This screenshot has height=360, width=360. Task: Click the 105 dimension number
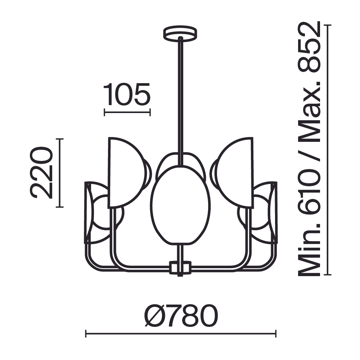127,95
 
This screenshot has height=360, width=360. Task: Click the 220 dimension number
41,173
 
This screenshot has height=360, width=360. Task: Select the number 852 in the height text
309,46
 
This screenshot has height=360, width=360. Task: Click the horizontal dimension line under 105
127,112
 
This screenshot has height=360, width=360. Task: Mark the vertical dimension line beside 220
60,173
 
